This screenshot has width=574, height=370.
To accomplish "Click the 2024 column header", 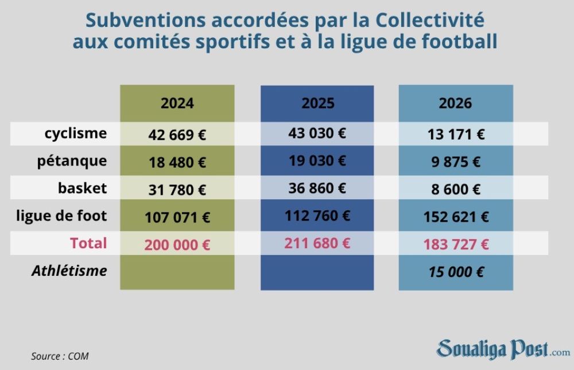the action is coord(177,103).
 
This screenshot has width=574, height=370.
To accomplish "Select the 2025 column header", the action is coord(318,103).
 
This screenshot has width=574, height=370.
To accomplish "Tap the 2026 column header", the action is coord(455,103).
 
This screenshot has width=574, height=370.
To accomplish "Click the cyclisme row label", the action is coord(76,133).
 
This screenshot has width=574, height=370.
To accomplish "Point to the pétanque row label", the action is coord(72,161).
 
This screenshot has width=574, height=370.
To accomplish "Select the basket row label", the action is coord(82,188).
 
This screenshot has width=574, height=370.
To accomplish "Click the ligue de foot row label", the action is coord(61,216).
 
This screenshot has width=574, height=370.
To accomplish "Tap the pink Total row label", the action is coord(88,243).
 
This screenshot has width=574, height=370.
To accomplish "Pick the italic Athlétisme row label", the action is coord(69,271).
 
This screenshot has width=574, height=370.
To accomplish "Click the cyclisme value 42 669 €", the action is coord(177,135).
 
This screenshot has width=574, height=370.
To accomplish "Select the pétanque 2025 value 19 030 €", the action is coord(317,161).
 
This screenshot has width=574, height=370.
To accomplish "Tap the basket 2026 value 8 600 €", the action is coord(456,190).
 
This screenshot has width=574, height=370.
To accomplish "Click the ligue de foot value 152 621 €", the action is coord(456,217).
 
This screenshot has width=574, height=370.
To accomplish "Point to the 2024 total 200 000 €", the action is coord(177,245).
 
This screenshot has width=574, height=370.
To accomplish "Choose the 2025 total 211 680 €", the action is coord(317,243).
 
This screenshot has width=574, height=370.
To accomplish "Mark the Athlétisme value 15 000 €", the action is coord(456,272).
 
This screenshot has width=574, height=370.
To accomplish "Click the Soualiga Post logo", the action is coord(503,349).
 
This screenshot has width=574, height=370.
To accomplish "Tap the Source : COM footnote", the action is coord(60,356).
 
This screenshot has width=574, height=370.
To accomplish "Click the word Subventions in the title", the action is coord(146,21).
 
